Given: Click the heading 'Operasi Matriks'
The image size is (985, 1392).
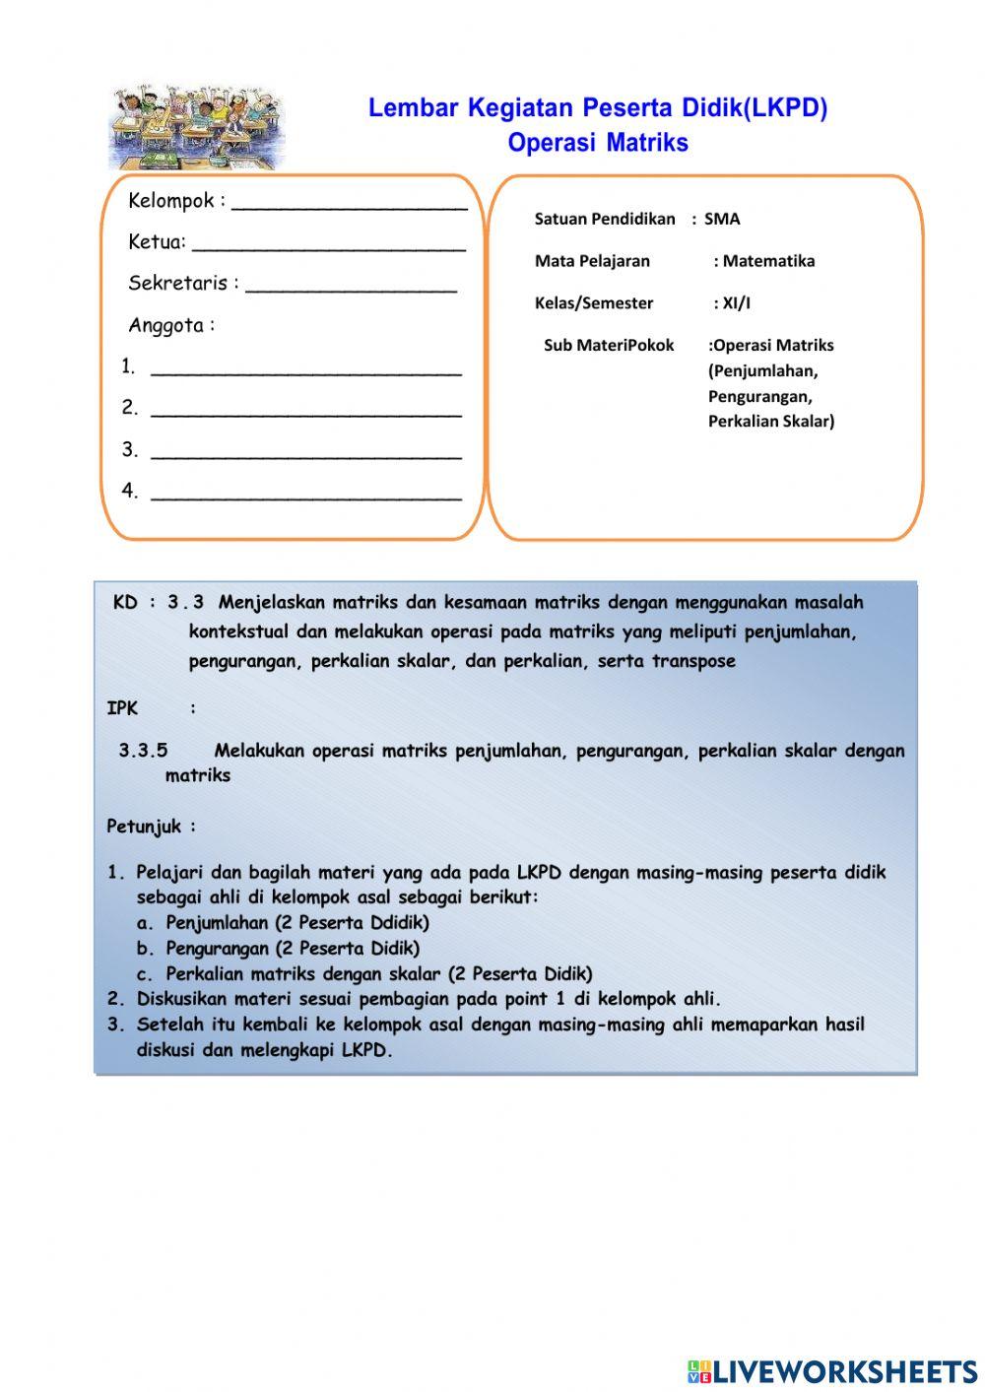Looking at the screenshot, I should click(598, 143).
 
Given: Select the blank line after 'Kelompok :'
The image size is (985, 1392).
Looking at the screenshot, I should click(349, 206).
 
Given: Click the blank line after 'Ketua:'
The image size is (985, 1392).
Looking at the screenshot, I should click(328, 247).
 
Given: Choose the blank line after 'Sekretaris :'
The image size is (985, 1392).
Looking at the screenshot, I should click(351, 289).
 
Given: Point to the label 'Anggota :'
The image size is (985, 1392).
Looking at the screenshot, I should click(171, 325).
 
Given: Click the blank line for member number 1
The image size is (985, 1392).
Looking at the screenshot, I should click(305, 372).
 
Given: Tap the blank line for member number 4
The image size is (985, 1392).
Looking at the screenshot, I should click(305, 497).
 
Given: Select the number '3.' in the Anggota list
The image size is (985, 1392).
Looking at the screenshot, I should click(130, 449).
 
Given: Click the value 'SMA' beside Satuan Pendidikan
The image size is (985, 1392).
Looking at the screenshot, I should click(722, 219).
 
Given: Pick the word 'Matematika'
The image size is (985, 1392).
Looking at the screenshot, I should click(768, 261).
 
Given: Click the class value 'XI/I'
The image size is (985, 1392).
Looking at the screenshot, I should click(736, 303).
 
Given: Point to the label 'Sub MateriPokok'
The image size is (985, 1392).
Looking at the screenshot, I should click(609, 345).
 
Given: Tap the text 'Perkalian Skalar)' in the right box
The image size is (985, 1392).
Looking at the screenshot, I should click(770, 421).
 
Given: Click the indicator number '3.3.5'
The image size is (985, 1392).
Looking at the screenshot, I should click(143, 751).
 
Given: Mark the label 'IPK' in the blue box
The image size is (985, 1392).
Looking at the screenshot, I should click(122, 708).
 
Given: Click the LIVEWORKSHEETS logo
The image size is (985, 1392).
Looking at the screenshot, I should click(832, 1371).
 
